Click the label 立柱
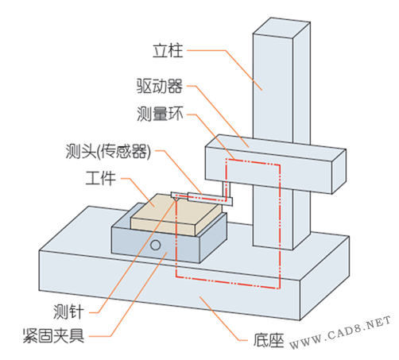(168, 51)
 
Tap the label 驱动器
(160, 86)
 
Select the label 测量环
(160, 114)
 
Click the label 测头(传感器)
(108, 152)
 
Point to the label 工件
(101, 178)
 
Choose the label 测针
(68, 312)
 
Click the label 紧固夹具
(54, 336)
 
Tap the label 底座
(269, 340)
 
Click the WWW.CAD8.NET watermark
(340, 333)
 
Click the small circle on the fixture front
(155, 245)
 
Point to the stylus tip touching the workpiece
(176, 199)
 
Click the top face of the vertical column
(281, 28)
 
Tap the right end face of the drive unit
(339, 172)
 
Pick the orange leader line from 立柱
(225, 70)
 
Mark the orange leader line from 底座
(223, 319)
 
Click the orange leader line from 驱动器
(218, 116)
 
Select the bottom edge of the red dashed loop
(227, 283)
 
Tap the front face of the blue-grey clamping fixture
(156, 245)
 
